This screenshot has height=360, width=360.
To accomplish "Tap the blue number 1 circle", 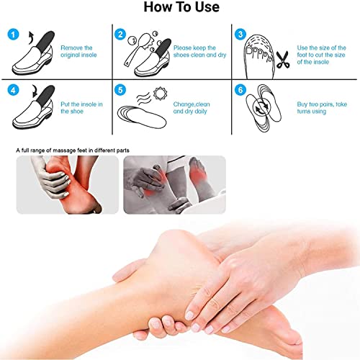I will [11, 34].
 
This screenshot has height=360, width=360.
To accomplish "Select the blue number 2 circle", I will [120, 34].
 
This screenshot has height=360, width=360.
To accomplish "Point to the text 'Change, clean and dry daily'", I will [194, 108].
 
